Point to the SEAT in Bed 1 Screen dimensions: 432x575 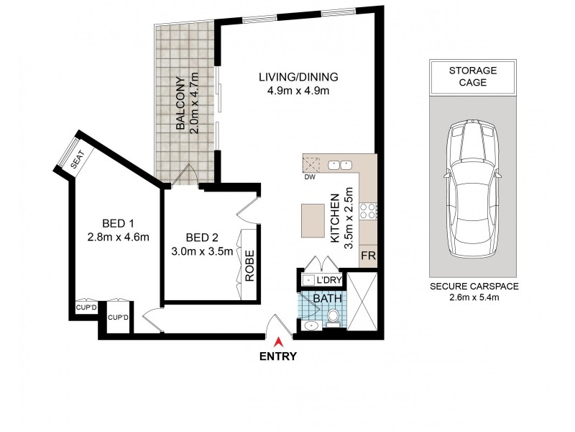tap(77, 162)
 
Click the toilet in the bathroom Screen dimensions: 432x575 tap(333, 318)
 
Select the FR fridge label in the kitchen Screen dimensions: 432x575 tap(367, 256)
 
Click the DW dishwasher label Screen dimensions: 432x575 tap(310, 176)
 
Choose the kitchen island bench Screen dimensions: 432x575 tap(313, 220)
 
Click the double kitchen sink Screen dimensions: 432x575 tap(341, 165)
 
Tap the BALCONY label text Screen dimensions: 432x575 tap(180, 103)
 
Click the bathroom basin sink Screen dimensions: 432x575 tap(310, 326)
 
